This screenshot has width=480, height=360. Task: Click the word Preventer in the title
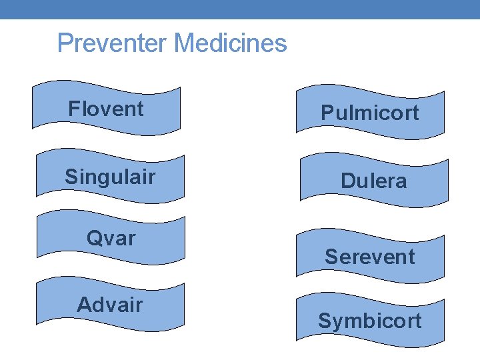(112, 43)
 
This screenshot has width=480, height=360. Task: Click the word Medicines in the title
(230, 43)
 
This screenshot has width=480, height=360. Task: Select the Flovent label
(106, 109)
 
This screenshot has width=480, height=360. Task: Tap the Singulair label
(110, 177)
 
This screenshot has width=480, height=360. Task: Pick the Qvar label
(111, 238)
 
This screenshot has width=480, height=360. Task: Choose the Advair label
(110, 305)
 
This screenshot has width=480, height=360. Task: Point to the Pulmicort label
(370, 113)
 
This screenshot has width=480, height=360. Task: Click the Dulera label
(373, 181)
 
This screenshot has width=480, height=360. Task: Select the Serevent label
(370, 257)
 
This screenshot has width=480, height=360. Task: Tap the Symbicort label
(370, 321)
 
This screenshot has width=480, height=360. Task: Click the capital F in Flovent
(73, 109)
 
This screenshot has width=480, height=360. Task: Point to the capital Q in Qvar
(93, 238)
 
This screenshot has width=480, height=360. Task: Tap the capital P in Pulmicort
(327, 113)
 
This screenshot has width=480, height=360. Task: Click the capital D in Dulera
(347, 181)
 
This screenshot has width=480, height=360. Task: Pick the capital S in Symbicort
(324, 321)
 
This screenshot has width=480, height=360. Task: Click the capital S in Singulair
(71, 177)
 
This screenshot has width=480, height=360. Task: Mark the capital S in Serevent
(331, 257)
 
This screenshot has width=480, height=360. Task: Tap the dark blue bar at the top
(240, 9)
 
